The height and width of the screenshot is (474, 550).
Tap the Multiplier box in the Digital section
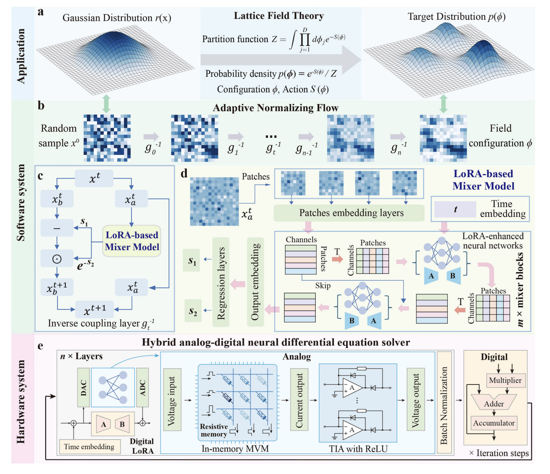click(505, 380)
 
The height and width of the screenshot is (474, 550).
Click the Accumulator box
click(494, 423)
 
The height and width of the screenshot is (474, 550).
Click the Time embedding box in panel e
click(89, 447)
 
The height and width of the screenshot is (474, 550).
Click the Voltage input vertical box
click(171, 400)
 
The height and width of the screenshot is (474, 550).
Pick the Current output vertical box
click(299, 400)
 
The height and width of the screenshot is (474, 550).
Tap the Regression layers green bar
click(221, 282)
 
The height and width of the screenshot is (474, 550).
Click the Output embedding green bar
click(255, 282)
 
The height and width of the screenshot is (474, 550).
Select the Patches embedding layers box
click(349, 213)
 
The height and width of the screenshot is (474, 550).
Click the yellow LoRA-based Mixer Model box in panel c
click(132, 241)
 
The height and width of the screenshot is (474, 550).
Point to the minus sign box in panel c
click(57, 228)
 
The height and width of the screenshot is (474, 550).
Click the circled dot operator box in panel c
click(57, 259)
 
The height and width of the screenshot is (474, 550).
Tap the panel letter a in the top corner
click(41, 11)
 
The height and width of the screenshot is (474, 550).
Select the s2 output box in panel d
click(192, 311)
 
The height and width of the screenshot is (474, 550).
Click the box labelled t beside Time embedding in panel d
click(455, 209)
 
